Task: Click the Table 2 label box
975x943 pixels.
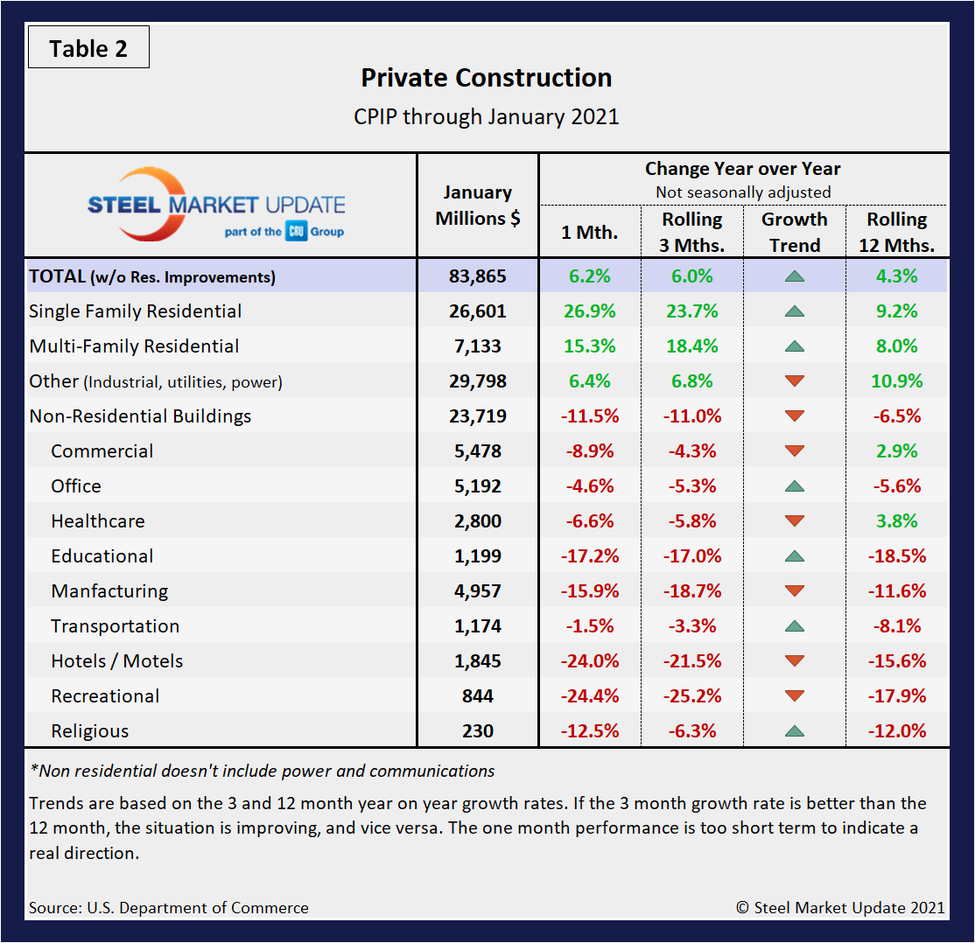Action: point(88,48)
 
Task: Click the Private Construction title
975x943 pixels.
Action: point(487,78)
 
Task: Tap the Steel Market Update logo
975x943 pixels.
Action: point(216,205)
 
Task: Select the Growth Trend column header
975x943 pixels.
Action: point(794,232)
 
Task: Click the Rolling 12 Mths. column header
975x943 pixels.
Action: point(896,232)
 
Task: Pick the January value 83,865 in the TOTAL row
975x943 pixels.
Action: point(477,276)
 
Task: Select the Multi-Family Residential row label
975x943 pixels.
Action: point(134,346)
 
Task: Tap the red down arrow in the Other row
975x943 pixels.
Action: point(794,381)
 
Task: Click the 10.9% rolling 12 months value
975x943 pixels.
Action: point(896,381)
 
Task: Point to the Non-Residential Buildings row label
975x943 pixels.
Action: point(140,416)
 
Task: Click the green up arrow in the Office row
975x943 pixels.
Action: point(794,485)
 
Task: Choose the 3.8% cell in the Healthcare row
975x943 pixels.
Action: point(896,521)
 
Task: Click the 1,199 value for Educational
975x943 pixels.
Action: point(477,556)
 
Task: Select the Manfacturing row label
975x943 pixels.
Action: point(109,591)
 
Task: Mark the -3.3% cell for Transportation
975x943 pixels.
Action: point(691,626)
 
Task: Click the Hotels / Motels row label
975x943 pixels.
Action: point(117,661)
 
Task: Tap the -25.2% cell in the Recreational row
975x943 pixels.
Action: point(691,696)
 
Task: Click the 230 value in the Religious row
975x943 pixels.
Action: point(477,731)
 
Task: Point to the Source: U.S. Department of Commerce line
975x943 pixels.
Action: point(169,908)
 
